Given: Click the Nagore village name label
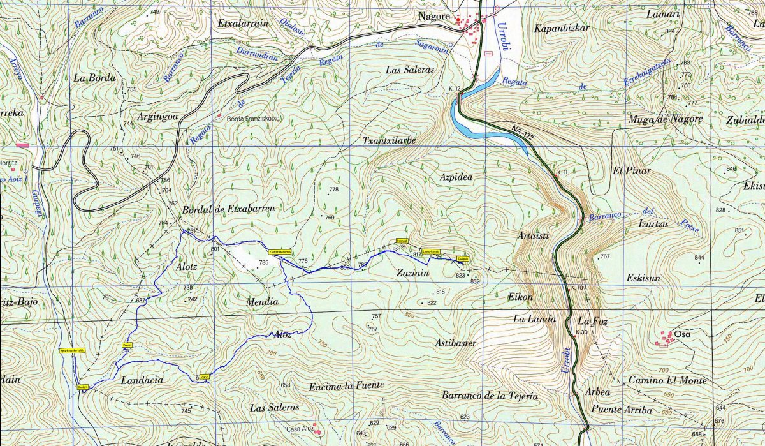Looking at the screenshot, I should pos(433,17).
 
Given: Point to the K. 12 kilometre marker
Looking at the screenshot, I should pos(454,87).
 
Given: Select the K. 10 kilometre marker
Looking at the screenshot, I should pos(576,288).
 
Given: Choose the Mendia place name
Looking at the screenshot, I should pos(262,302).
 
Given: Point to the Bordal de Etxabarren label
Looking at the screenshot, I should pos(228,209).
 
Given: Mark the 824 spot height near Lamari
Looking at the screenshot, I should pos(669,31).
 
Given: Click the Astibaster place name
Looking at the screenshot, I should pos(456,343).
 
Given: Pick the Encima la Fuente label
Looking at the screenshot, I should pos(346,386).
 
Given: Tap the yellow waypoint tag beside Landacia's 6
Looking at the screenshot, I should pos(205,377).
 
